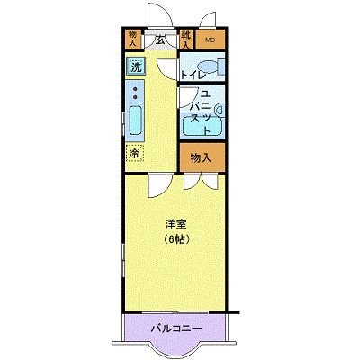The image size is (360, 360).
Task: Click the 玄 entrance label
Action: pyautogui.click(x=158, y=40)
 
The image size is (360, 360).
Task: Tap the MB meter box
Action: pyautogui.click(x=210, y=40)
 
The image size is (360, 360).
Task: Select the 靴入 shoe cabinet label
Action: pyautogui.click(x=185, y=39)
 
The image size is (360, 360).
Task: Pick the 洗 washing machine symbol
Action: pyautogui.click(x=134, y=67)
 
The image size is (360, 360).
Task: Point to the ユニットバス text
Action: pyautogui.click(x=204, y=112)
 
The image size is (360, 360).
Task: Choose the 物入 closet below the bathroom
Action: pyautogui.click(x=201, y=157)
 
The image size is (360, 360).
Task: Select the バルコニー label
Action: pyautogui.click(x=175, y=328)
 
